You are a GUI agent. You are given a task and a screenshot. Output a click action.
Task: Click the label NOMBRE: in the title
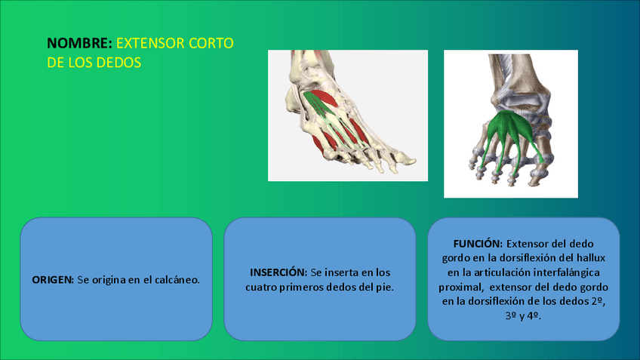79,43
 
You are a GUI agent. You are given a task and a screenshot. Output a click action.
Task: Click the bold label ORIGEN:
53,280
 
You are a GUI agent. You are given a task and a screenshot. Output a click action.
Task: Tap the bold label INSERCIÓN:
278,272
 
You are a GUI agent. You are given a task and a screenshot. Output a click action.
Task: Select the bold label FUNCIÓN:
478,244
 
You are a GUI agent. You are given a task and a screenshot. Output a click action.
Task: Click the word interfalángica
566,272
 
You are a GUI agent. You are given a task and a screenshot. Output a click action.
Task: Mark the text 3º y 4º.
523,316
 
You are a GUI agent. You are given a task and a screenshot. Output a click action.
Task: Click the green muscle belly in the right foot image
511,128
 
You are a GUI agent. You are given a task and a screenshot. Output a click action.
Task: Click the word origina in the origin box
109,281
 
